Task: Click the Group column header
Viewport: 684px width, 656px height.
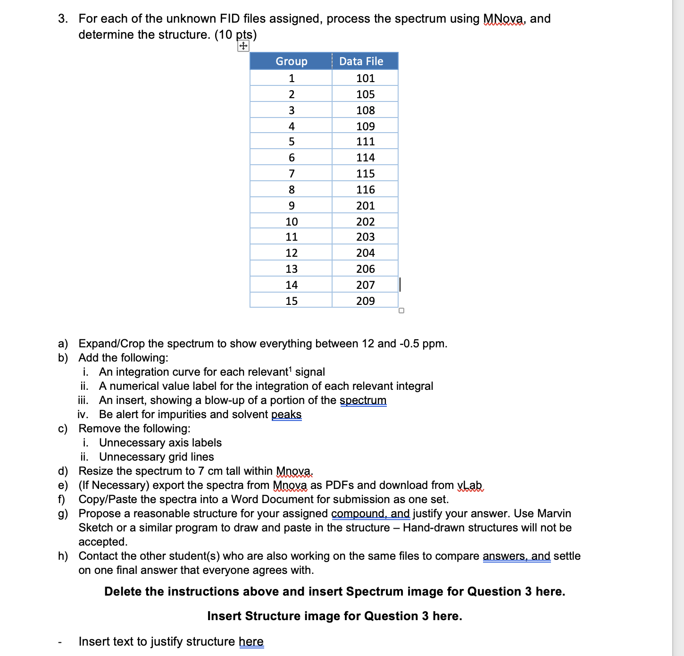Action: point(291,61)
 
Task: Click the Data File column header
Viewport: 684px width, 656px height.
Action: point(361,61)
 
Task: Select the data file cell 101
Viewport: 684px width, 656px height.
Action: point(365,78)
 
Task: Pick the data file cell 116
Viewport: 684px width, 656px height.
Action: point(365,190)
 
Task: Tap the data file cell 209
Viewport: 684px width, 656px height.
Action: point(365,301)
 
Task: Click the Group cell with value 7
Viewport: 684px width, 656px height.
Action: point(292,174)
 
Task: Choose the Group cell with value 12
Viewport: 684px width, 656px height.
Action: point(292,253)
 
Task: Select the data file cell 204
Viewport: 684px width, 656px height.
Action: point(365,253)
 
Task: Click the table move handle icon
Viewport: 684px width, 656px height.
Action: point(243,46)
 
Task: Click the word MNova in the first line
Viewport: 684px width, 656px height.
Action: point(503,19)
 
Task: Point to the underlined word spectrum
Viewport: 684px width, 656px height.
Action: point(363,400)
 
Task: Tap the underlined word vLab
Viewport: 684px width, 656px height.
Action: point(470,485)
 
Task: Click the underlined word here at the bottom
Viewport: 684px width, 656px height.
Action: point(251,642)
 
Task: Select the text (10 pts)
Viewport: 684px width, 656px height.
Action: point(235,35)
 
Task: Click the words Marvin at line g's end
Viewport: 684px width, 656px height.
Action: point(554,513)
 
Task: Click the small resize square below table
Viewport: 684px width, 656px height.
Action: point(401,311)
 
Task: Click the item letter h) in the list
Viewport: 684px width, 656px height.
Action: point(63,556)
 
